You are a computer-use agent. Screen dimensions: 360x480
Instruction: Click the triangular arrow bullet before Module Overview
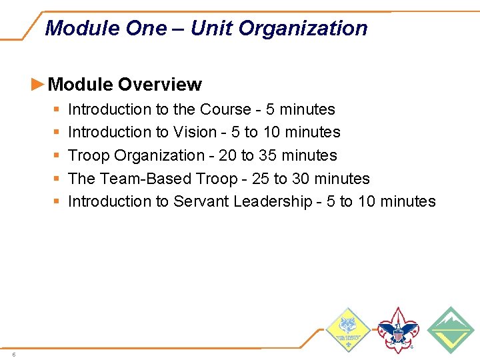[x=39, y=84]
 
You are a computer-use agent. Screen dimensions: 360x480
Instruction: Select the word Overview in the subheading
[x=160, y=85]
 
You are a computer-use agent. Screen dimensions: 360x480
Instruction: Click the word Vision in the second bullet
[x=195, y=132]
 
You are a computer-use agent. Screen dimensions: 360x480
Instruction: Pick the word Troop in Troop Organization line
[x=89, y=155]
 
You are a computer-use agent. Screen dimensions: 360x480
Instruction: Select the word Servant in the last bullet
[x=201, y=201]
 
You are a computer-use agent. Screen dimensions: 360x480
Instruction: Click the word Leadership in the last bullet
[x=273, y=201]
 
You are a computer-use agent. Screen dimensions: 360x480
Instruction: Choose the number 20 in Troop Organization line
[x=227, y=155]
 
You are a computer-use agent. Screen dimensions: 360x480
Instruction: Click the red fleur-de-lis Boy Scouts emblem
[x=398, y=330]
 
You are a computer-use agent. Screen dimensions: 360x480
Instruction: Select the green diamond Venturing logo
[x=450, y=329]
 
